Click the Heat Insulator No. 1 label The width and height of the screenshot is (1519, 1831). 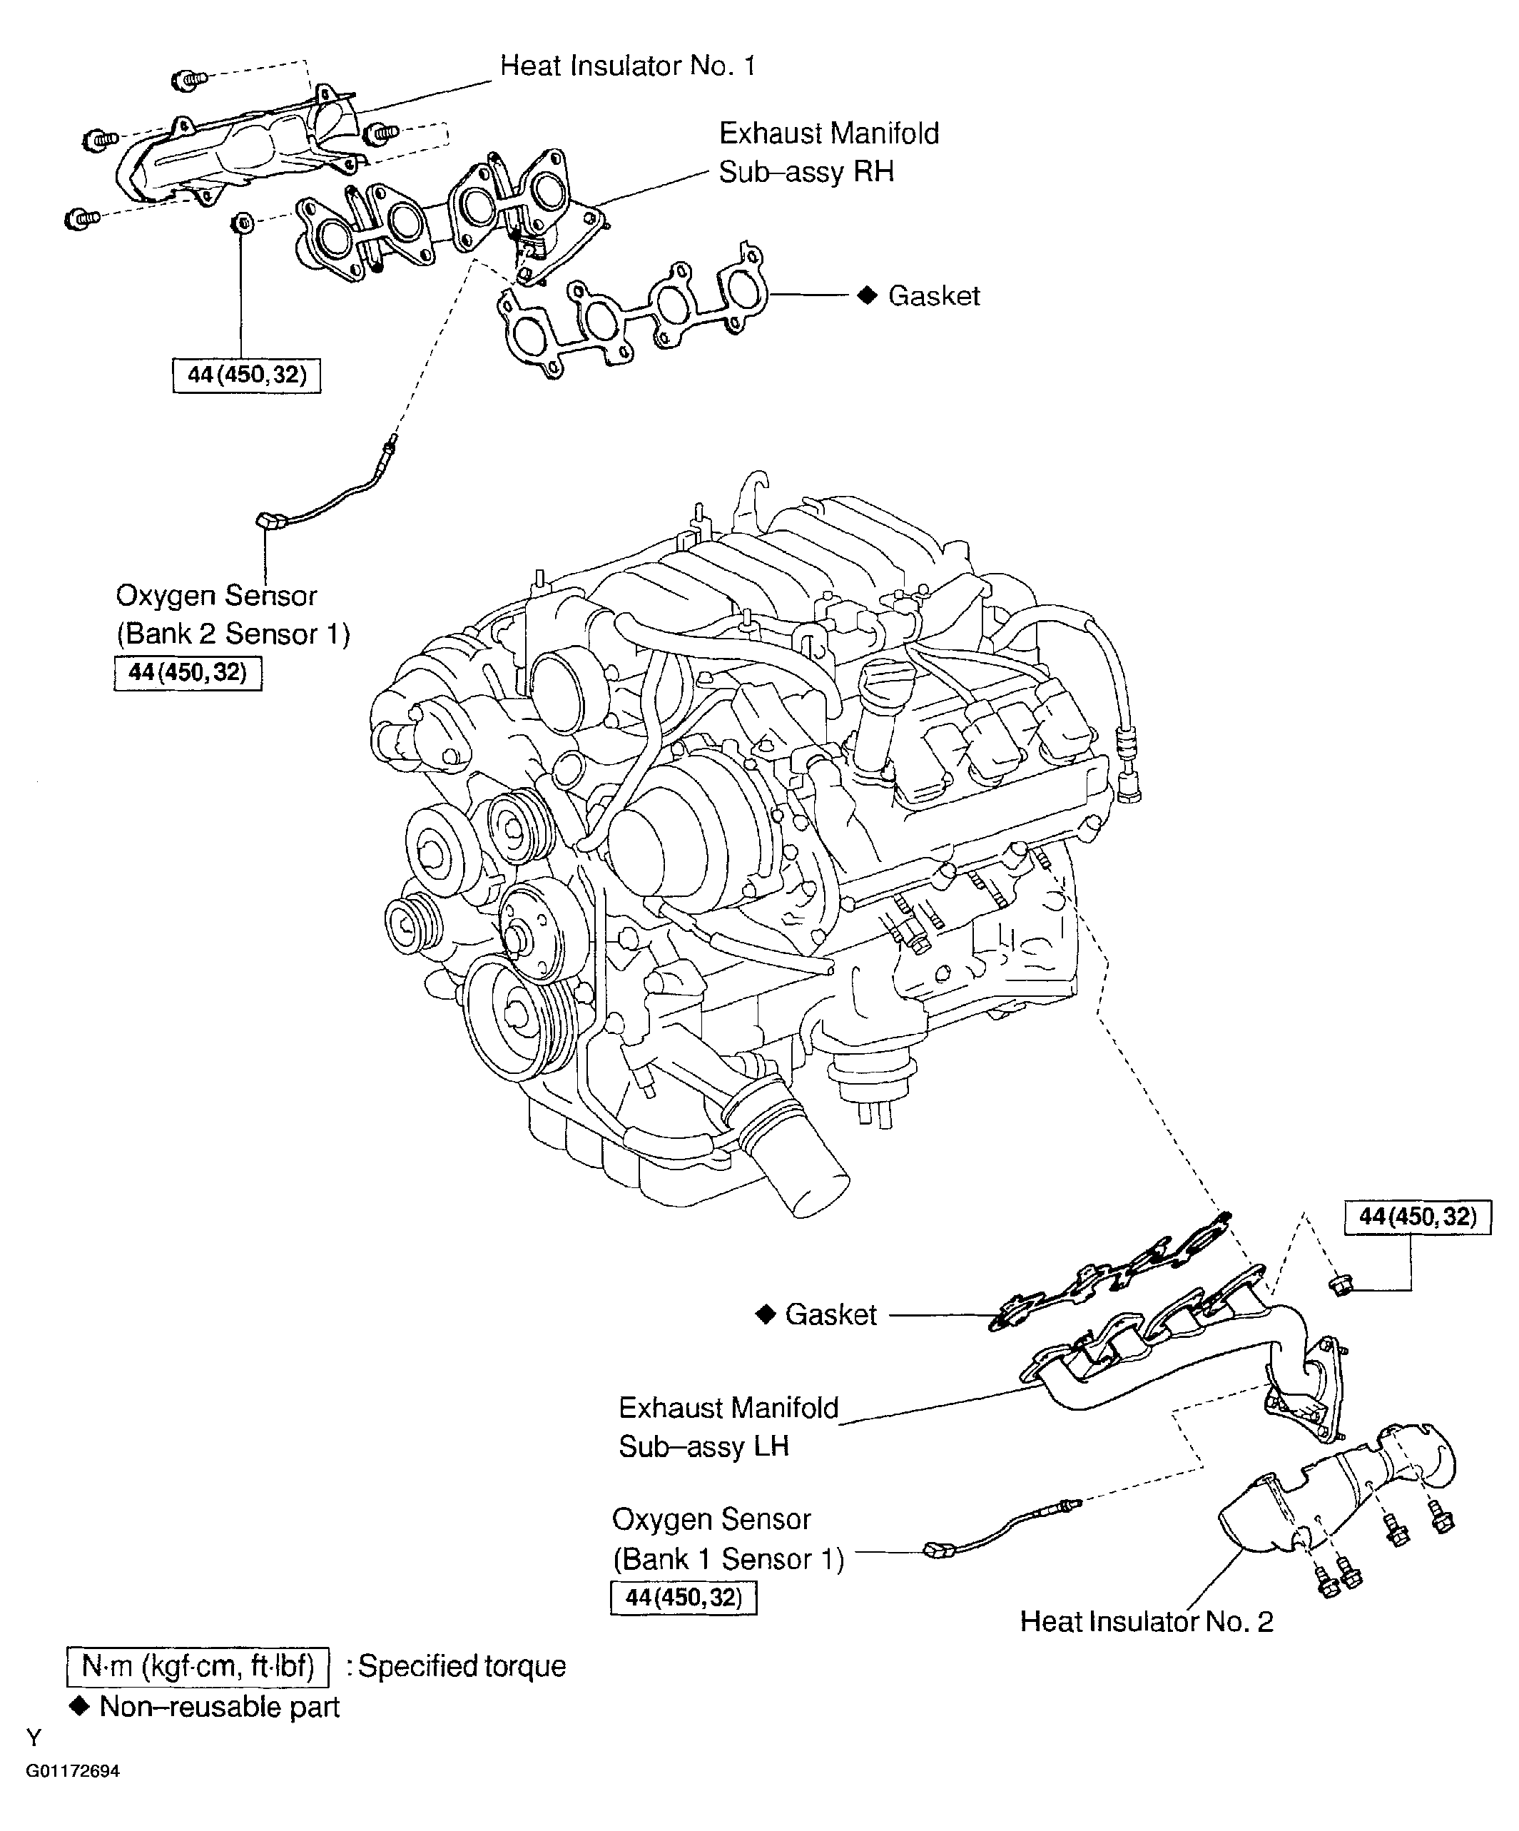pyautogui.click(x=627, y=66)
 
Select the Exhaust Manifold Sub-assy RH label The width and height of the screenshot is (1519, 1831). pyautogui.click(x=828, y=153)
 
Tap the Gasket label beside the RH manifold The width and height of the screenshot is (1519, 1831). pyautogui.click(x=933, y=296)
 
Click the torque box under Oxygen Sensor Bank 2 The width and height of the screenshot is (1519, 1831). pyautogui.click(x=188, y=672)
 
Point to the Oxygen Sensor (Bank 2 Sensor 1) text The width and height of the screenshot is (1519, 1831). pyautogui.click(x=232, y=614)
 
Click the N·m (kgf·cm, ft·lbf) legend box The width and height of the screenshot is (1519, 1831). pyautogui.click(x=198, y=1666)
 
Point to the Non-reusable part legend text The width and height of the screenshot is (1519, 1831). pyautogui.click(x=218, y=1706)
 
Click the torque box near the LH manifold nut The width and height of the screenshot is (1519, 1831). pyautogui.click(x=1417, y=1217)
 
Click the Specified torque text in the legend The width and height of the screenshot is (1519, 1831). pyautogui.click(x=462, y=1666)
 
